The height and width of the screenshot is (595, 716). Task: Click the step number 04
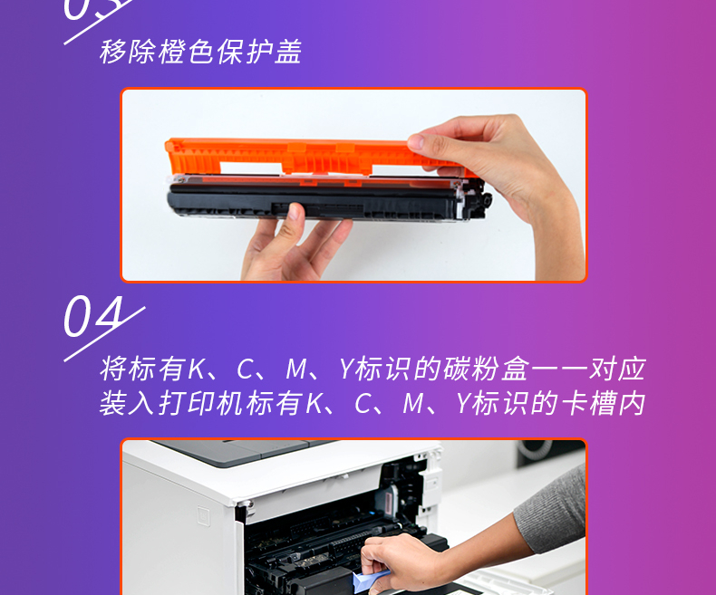point(93,316)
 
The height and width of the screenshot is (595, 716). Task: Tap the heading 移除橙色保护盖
point(200,52)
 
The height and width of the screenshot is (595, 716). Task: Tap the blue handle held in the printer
point(369,581)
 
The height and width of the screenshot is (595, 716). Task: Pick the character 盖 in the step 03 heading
point(288,52)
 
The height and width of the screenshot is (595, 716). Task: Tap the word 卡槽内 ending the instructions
point(603,404)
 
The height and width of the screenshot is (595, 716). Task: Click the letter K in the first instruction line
point(198,369)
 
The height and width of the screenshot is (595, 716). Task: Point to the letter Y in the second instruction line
point(463,404)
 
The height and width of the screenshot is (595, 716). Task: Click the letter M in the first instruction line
point(295,369)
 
